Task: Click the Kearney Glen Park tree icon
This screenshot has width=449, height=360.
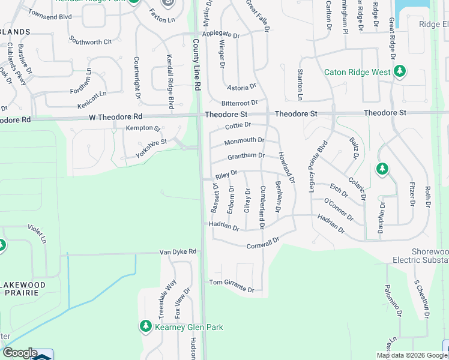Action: point(145,326)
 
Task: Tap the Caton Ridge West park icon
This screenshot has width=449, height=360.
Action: point(400,73)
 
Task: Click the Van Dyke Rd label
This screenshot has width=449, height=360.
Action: point(178,251)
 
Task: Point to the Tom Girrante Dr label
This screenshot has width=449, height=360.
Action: point(231,285)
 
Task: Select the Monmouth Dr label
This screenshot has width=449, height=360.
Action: point(244,142)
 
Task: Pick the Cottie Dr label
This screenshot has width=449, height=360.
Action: point(237,125)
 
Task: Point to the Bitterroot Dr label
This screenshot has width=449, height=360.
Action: point(239,103)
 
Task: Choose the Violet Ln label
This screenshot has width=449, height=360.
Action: point(37,234)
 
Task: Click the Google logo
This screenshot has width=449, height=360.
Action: point(20,353)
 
